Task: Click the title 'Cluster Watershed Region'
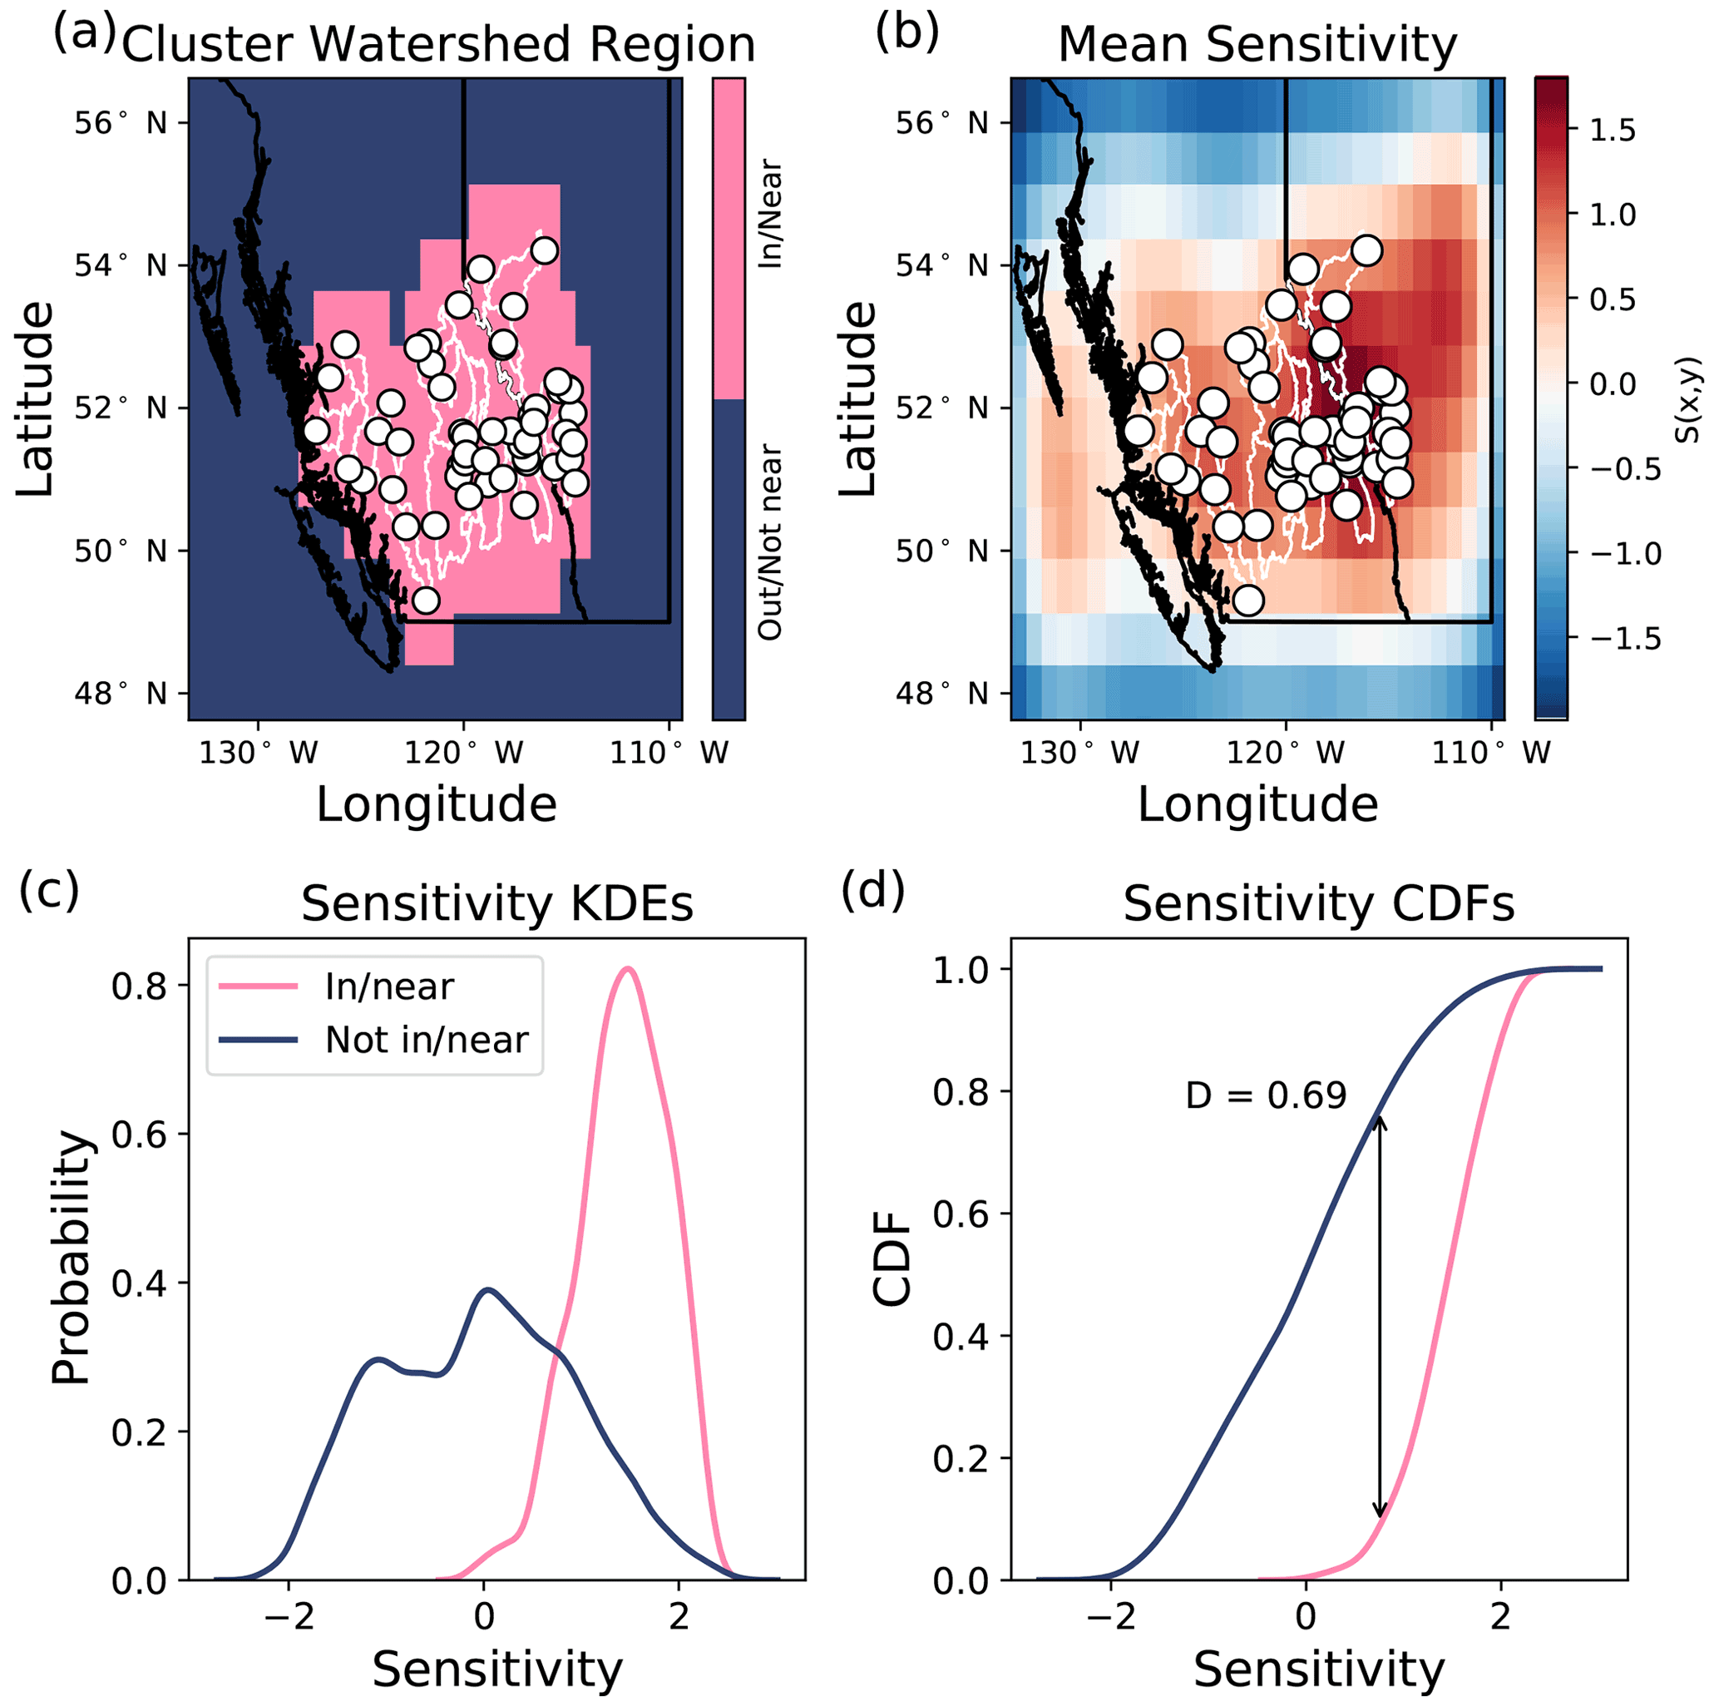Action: point(437,44)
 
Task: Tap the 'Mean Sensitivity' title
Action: point(1257,44)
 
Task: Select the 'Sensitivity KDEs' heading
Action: point(496,904)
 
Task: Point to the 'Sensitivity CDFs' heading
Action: point(1319,904)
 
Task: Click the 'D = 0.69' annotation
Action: point(1265,1095)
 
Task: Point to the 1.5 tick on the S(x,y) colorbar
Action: point(1613,130)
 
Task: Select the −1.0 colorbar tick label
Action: point(1624,553)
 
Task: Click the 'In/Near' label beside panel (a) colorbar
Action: point(771,215)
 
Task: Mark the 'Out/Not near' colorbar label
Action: point(771,542)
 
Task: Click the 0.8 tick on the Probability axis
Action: point(137,986)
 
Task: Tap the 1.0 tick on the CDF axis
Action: point(961,969)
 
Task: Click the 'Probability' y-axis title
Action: point(72,1258)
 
